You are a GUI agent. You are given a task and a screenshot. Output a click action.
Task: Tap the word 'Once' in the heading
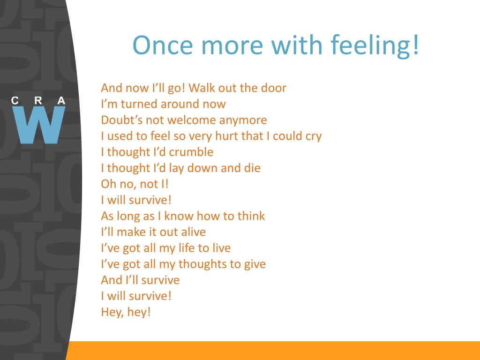[163, 45]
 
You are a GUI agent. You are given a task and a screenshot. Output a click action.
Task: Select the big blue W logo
[39, 125]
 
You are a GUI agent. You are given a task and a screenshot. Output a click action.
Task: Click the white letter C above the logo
[15, 100]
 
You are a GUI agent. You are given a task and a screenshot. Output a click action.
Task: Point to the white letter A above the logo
[61, 100]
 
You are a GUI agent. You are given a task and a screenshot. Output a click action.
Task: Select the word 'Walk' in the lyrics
[201, 88]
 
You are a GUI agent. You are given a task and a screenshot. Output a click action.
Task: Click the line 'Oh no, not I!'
[135, 184]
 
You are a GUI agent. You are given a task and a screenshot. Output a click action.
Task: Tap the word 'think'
[251, 216]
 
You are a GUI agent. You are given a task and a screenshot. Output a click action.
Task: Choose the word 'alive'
[194, 232]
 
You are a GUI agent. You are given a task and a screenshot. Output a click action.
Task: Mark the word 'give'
[255, 264]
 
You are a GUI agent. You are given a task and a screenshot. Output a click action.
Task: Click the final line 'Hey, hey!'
[126, 312]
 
